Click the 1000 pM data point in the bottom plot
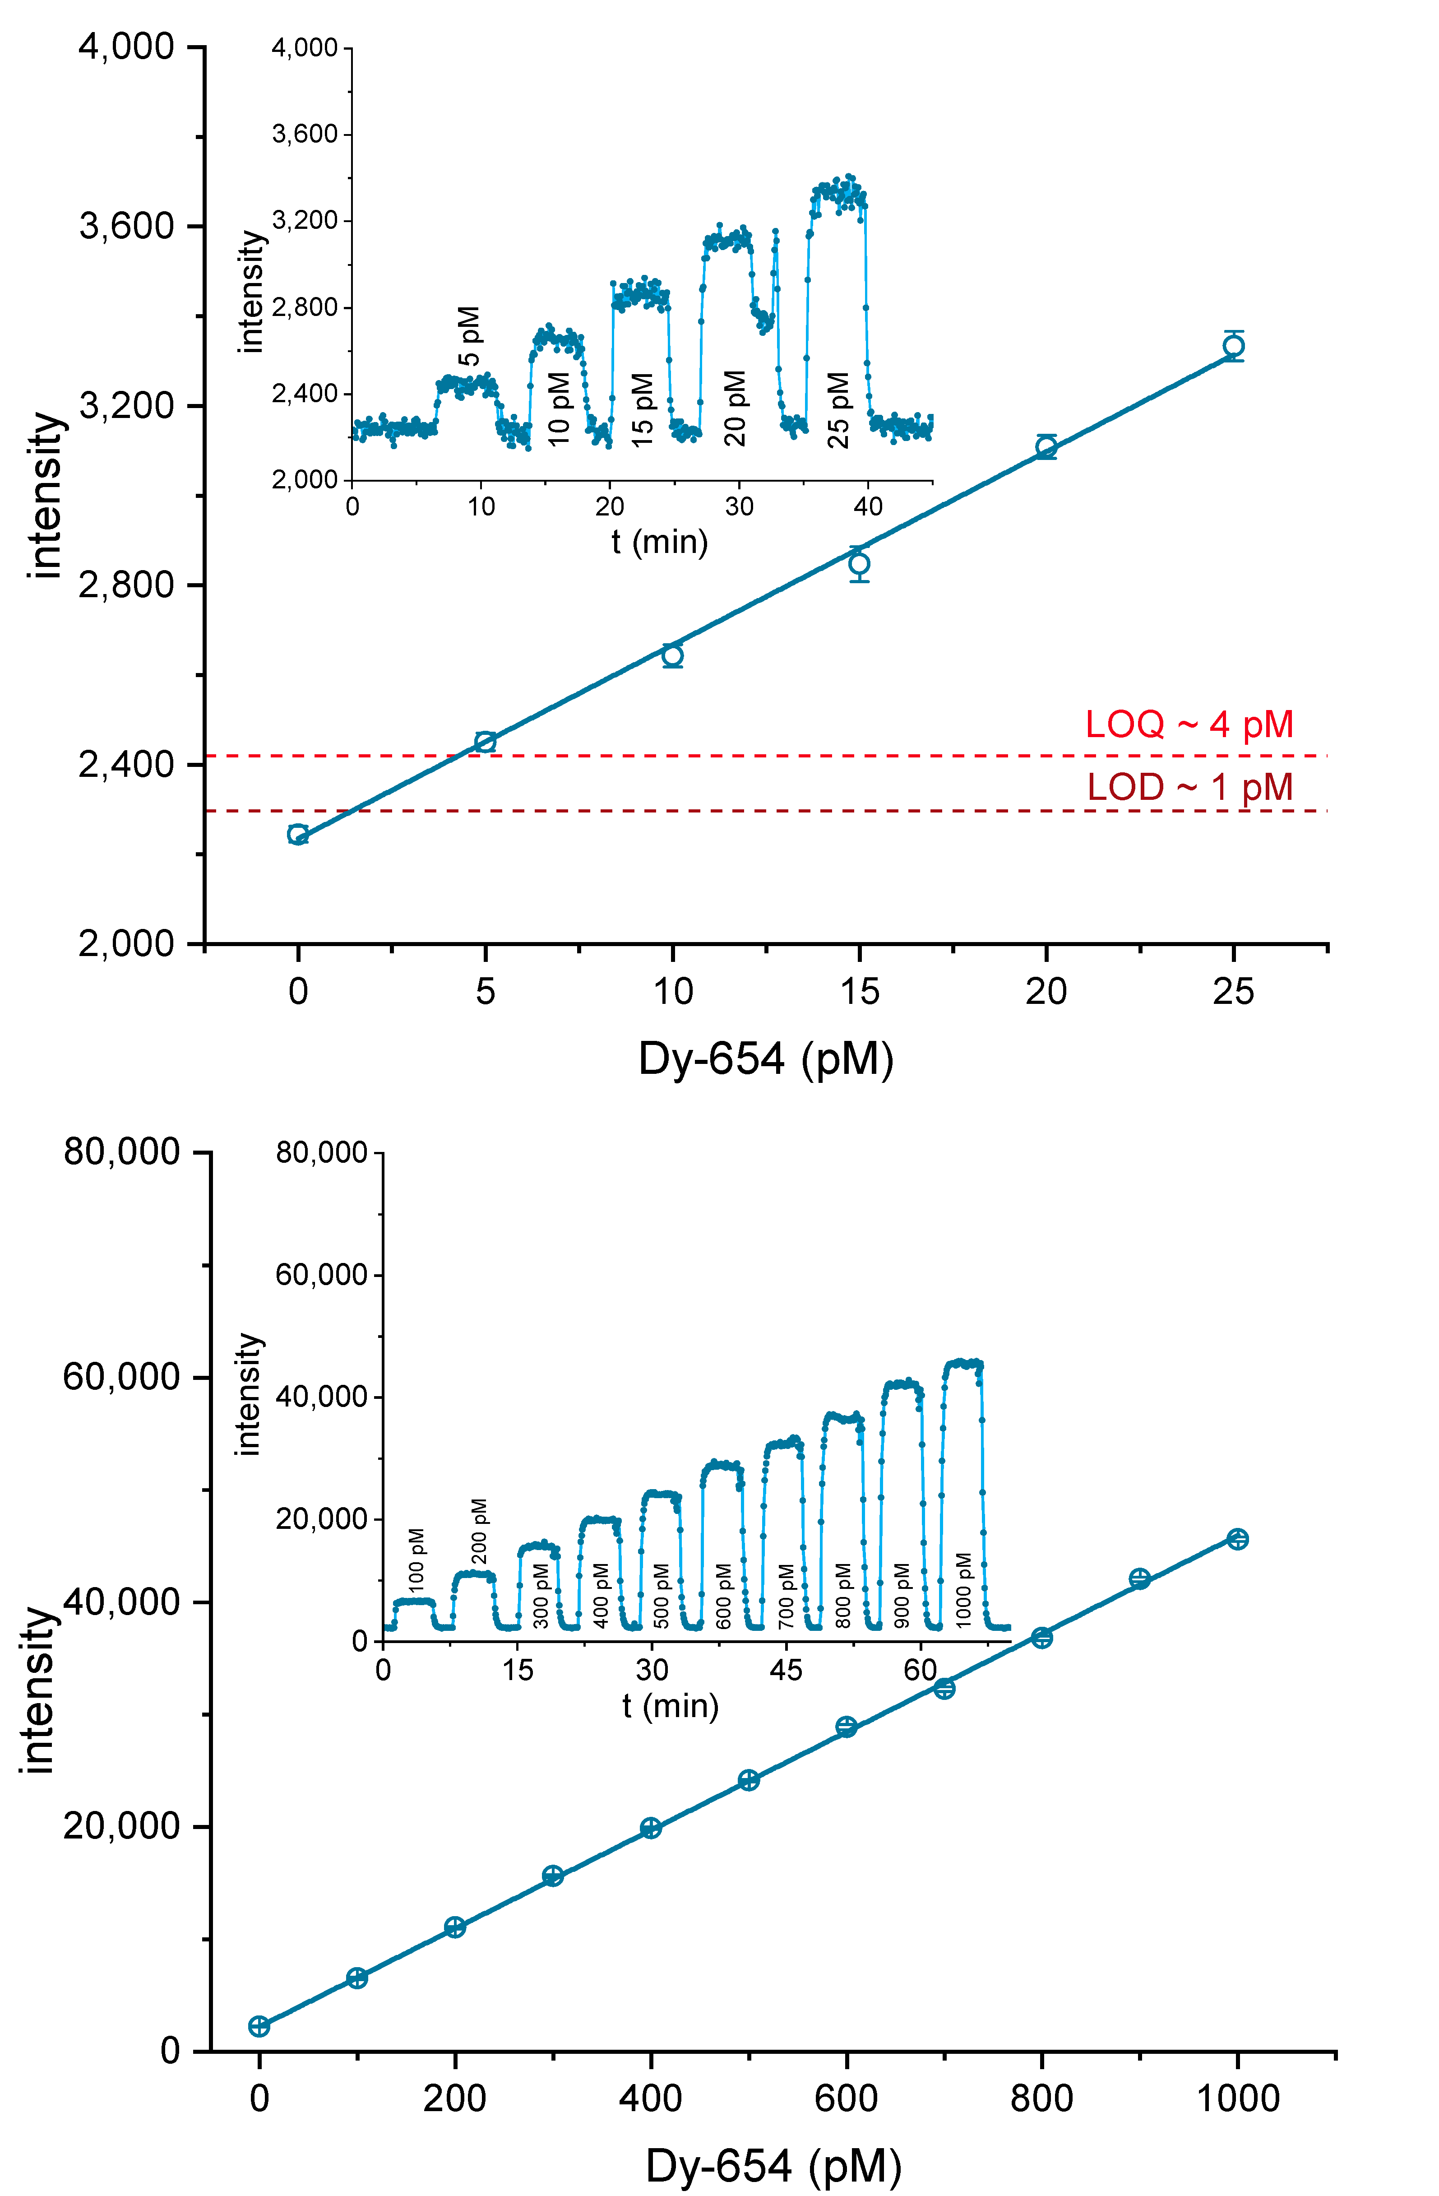pyautogui.click(x=1237, y=1539)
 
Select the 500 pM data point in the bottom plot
pyautogui.click(x=749, y=1780)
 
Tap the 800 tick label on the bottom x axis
pyautogui.click(x=1041, y=2098)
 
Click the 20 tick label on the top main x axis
pyautogui.click(x=1046, y=992)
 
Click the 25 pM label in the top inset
pyautogui.click(x=837, y=410)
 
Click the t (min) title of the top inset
pyautogui.click(x=660, y=542)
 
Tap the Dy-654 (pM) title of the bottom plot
pyautogui.click(x=773, y=2165)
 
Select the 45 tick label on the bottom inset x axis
pyautogui.click(x=786, y=1669)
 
